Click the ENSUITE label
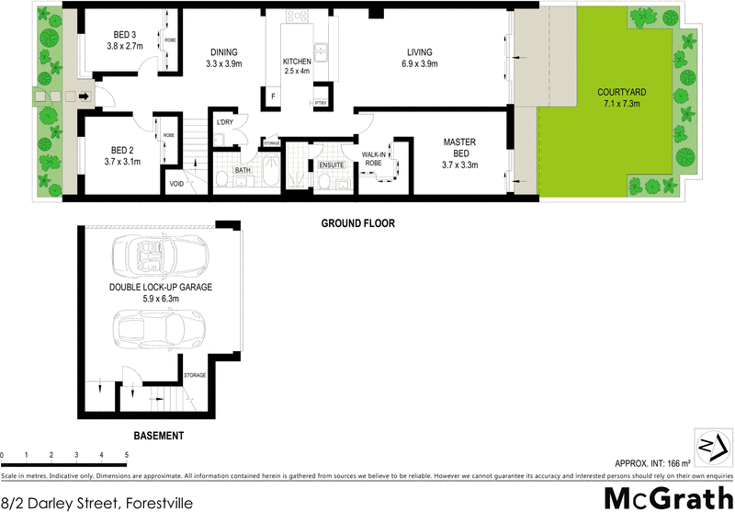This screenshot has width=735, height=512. (331, 165)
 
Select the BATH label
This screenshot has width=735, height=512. (242, 170)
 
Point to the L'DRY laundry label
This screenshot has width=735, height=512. (226, 123)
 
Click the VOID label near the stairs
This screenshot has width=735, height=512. (176, 183)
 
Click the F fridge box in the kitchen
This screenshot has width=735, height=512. (273, 96)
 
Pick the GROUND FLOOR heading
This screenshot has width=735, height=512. (357, 223)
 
